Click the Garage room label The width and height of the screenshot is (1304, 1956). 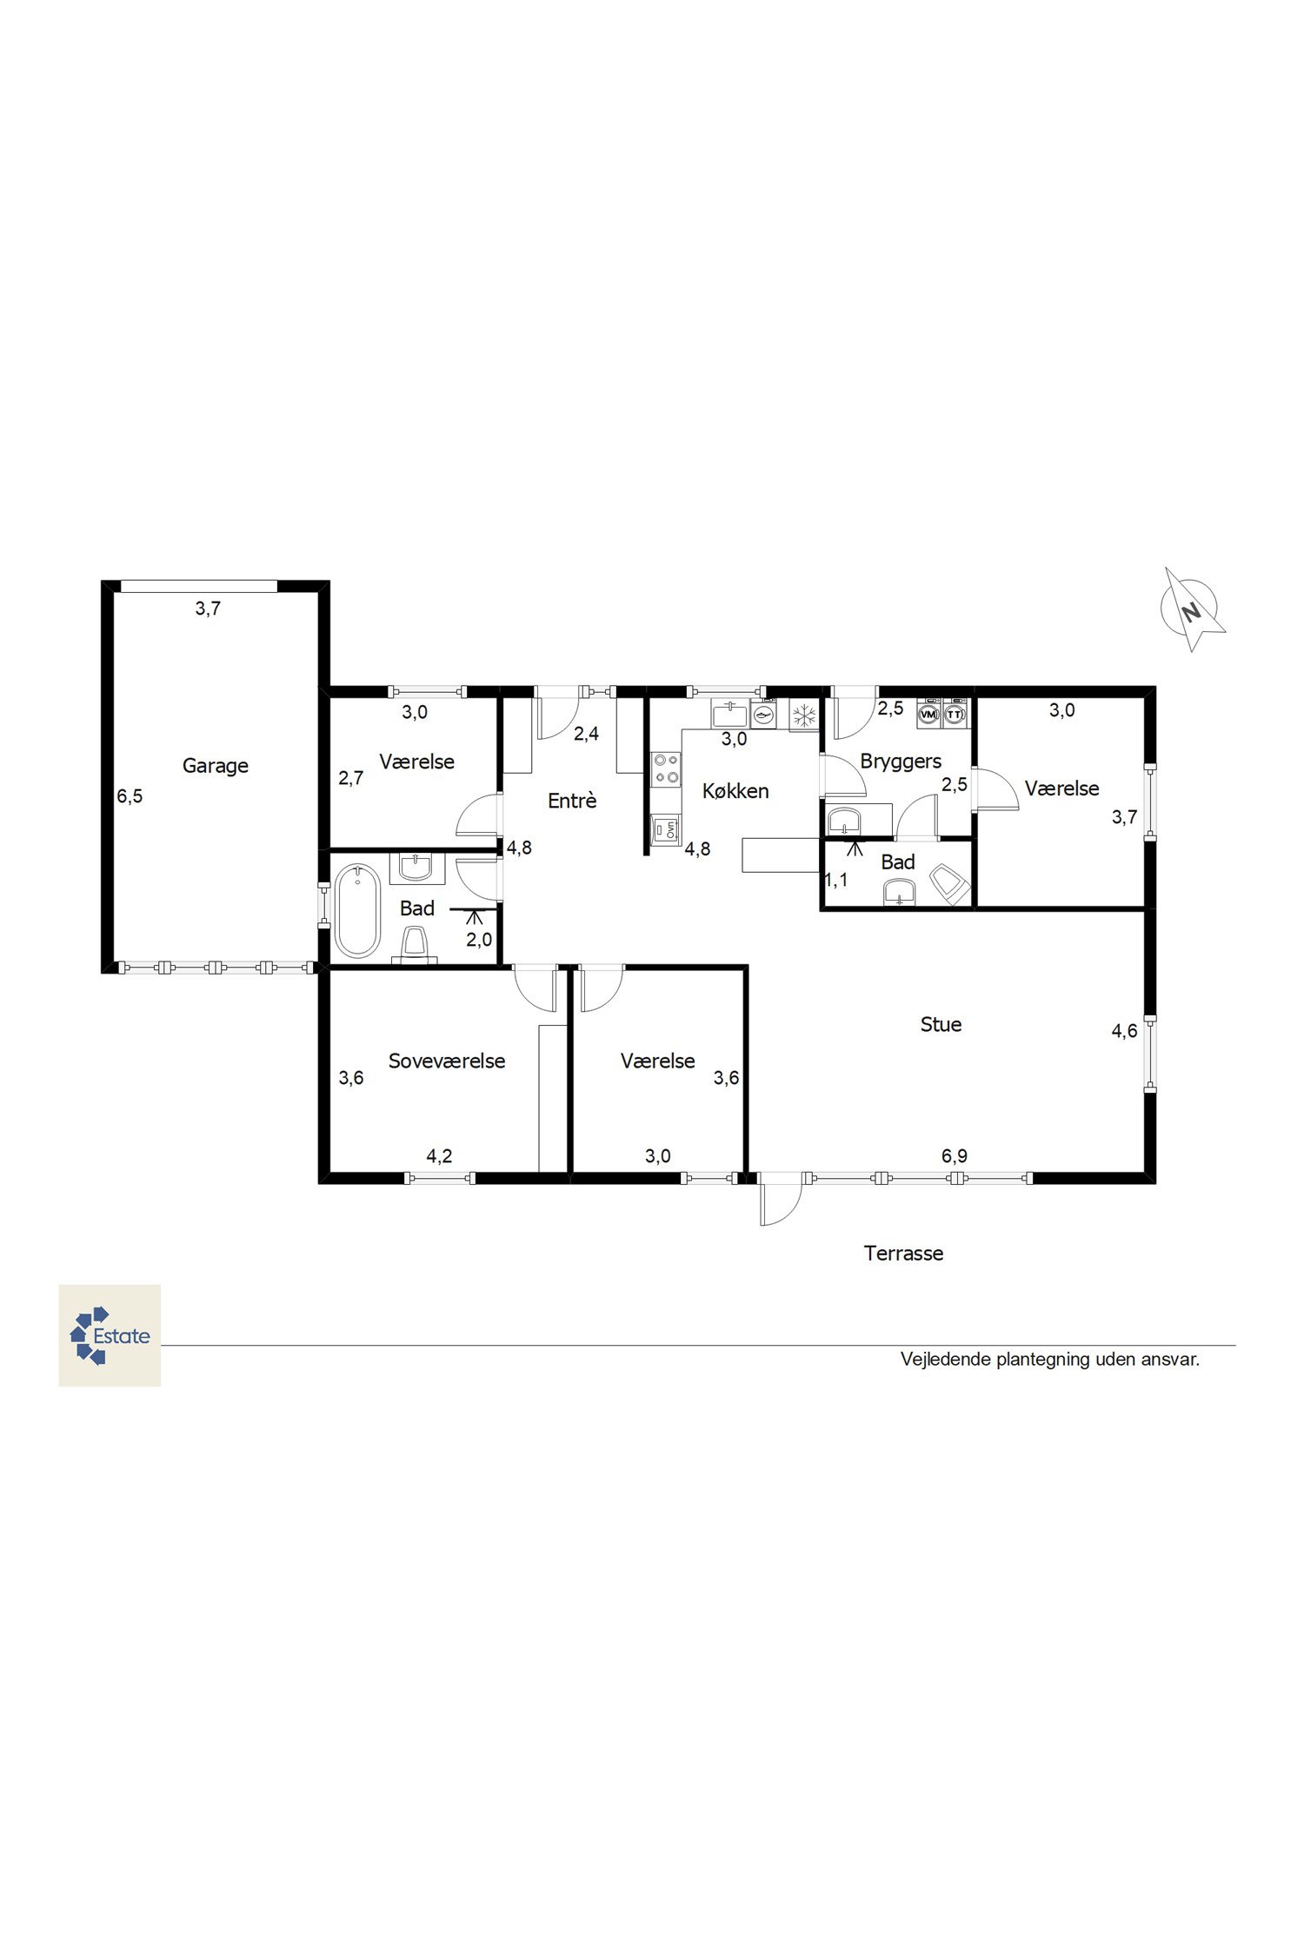[216, 766]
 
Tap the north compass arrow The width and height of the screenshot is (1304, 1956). [1193, 610]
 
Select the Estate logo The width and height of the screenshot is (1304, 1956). [110, 1335]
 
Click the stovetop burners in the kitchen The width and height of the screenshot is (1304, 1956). [667, 768]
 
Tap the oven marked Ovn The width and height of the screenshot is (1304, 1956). [668, 828]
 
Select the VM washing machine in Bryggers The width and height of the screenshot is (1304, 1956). [929, 713]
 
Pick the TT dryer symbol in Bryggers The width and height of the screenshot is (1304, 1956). [955, 713]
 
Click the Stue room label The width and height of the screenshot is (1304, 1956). [941, 1025]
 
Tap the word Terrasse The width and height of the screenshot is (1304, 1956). [903, 1254]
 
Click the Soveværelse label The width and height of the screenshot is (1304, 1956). [447, 1061]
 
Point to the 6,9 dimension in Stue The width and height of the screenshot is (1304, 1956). [954, 1156]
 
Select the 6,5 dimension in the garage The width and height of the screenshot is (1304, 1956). [130, 796]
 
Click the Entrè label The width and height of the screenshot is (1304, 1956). [572, 801]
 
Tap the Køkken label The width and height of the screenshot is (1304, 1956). [735, 791]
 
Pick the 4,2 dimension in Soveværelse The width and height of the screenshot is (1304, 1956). [439, 1156]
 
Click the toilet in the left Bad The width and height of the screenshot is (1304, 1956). [415, 944]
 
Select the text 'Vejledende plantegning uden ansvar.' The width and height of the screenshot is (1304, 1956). [1050, 1360]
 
